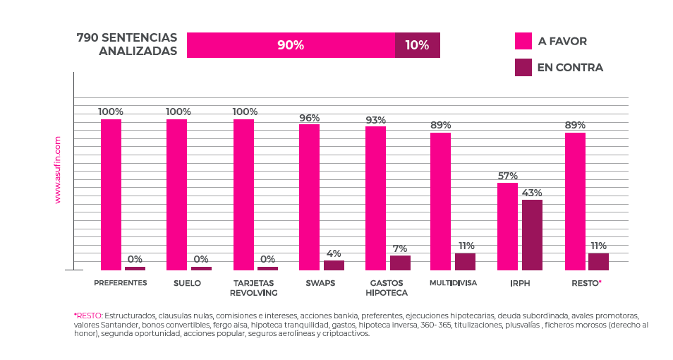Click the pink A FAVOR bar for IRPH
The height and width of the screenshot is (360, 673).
click(x=507, y=227)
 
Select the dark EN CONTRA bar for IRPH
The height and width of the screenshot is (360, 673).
click(x=532, y=235)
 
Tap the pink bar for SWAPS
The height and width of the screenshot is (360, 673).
click(x=309, y=197)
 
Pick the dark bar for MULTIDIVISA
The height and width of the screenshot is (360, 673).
click(x=465, y=262)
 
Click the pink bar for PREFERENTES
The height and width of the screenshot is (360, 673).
click(x=111, y=195)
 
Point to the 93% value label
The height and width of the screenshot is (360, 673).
click(x=375, y=120)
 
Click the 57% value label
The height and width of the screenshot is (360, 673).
click(x=507, y=176)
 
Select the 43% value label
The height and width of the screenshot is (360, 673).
click(x=532, y=193)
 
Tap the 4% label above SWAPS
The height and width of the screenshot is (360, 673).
click(x=334, y=253)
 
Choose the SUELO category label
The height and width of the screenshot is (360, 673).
click(x=187, y=283)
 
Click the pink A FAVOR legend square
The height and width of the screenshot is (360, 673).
click(x=523, y=41)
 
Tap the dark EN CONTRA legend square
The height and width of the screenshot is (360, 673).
click(x=523, y=68)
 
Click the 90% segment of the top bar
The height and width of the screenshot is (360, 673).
click(x=291, y=45)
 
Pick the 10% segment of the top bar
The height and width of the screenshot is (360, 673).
click(x=417, y=45)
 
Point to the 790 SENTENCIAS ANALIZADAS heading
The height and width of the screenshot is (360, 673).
click(x=127, y=44)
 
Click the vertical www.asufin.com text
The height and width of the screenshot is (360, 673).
click(x=58, y=170)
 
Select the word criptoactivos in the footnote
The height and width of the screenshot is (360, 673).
click(x=346, y=334)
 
